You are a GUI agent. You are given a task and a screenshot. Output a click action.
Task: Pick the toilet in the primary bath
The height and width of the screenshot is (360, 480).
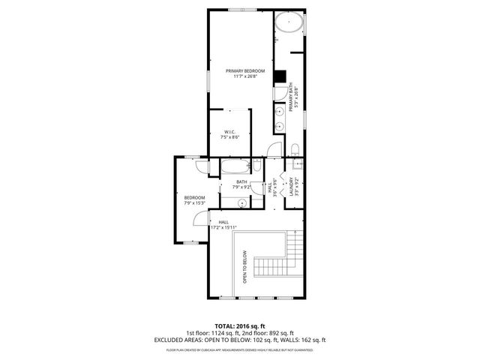point(295,147)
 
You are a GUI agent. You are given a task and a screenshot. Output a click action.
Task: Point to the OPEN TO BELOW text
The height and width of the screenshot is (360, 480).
point(244,266)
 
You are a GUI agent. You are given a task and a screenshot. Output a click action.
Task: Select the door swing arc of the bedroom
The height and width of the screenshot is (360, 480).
point(197,219)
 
